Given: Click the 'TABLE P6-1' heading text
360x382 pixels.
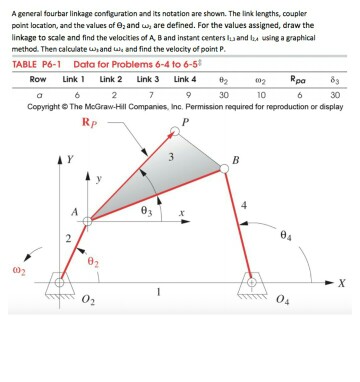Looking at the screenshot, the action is click(x=41, y=64).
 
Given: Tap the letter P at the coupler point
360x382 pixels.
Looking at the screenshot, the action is click(x=185, y=123).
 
